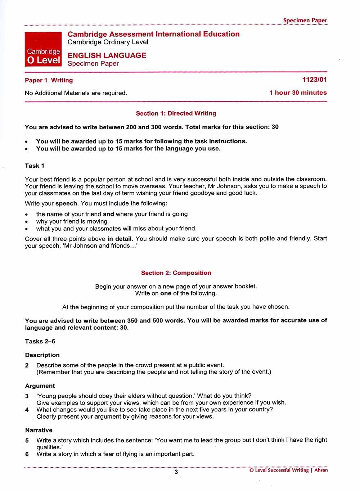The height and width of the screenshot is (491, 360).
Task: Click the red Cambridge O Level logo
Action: coord(43,49)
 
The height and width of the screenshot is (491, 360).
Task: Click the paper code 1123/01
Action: coord(314,80)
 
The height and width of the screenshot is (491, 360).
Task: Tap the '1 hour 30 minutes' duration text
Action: coord(298,93)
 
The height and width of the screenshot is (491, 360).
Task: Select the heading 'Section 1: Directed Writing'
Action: coord(176,113)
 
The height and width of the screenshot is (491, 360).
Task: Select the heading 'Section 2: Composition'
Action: coord(176,273)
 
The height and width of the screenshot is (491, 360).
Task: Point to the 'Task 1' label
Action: coord(35,166)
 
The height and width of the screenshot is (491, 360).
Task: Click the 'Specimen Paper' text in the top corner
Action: coord(305,21)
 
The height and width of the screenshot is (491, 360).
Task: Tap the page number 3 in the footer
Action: coord(176,472)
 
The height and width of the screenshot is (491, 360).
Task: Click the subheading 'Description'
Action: coord(42,355)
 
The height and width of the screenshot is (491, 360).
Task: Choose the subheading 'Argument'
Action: coord(40,386)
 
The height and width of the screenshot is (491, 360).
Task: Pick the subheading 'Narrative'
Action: coord(39,430)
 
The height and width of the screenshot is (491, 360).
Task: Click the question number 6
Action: coord(27,454)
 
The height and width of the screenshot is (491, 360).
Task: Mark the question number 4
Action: coord(27,410)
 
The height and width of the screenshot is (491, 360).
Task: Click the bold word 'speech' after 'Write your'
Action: coord(66,203)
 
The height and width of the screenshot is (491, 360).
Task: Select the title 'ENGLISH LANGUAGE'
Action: coord(107,55)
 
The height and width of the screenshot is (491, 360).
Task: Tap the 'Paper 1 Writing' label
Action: coord(49,80)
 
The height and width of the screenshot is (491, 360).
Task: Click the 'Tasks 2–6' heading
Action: coord(40,341)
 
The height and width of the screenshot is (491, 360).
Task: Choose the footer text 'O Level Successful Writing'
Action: coord(279,470)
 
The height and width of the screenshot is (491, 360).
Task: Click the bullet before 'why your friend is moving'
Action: coord(27,221)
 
